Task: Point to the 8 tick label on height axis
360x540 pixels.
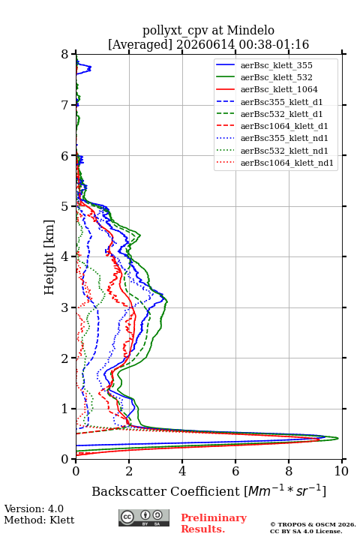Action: pyautogui.click(x=65, y=55)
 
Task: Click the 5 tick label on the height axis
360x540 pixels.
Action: pyautogui.click(x=65, y=206)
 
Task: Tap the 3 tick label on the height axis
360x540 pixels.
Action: pyautogui.click(x=65, y=307)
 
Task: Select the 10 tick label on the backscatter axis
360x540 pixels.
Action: pyautogui.click(x=341, y=471)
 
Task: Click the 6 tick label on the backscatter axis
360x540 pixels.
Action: pyautogui.click(x=235, y=471)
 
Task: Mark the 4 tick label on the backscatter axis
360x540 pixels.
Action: pyautogui.click(x=182, y=471)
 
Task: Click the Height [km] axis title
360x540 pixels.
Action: pyautogui.click(x=49, y=257)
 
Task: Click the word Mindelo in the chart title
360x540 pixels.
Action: pyautogui.click(x=250, y=30)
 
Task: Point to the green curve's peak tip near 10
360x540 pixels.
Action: pyautogui.click(x=338, y=439)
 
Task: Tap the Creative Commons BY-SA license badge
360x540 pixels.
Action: pyautogui.click(x=144, y=517)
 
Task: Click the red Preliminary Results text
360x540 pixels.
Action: pyautogui.click(x=214, y=523)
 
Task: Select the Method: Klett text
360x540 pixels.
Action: pyautogui.click(x=39, y=520)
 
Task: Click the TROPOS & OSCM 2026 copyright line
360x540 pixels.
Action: pyautogui.click(x=313, y=524)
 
